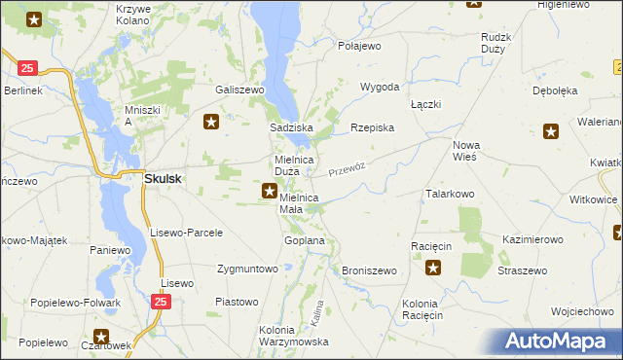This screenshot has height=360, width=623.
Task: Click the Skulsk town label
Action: point(165,178)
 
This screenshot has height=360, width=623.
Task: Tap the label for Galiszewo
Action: point(240,89)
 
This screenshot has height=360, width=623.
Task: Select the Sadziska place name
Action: point(290,127)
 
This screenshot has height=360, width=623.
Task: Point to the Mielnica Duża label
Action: point(293,165)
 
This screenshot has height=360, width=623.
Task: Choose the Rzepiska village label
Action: point(372,127)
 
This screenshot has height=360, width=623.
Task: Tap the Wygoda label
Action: point(380,87)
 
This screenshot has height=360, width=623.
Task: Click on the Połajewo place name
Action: point(359,46)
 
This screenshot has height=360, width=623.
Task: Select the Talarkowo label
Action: point(449,194)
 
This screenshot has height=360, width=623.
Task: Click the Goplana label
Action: point(303,239)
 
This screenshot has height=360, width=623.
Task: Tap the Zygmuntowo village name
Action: point(247,268)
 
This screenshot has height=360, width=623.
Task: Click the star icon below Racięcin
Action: point(433,268)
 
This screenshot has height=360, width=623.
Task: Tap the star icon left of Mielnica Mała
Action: point(268,193)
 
